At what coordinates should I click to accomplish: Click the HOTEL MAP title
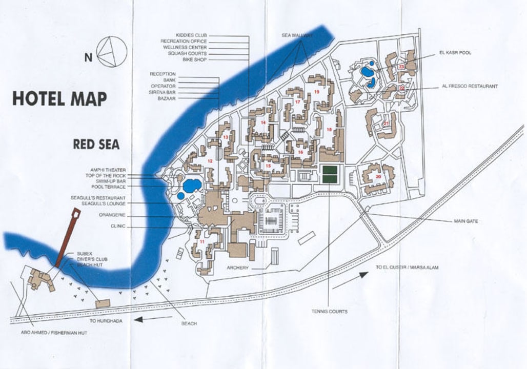tap(59, 98)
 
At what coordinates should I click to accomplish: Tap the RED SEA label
tap(96, 145)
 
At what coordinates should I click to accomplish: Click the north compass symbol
tap(112, 52)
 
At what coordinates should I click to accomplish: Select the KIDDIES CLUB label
tap(191, 35)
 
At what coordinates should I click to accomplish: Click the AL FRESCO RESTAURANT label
tap(470, 87)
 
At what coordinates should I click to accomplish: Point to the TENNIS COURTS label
tap(329, 311)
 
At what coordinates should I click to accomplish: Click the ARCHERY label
tap(237, 268)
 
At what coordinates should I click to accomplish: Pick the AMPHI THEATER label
tap(108, 170)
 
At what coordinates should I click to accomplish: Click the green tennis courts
tap(330, 174)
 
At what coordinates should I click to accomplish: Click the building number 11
tap(202, 241)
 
